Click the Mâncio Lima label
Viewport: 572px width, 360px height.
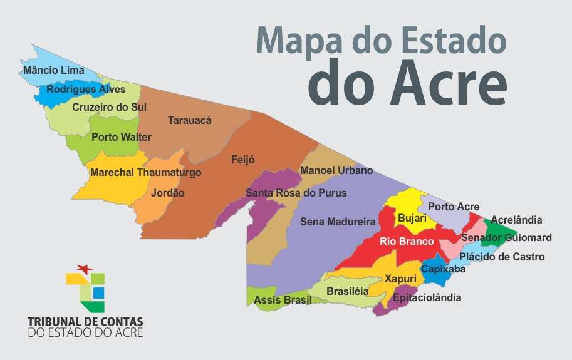click(x=53, y=71)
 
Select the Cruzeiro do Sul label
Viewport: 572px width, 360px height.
click(x=109, y=107)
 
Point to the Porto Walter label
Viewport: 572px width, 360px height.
click(x=122, y=137)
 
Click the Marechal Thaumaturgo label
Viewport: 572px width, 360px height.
click(x=145, y=172)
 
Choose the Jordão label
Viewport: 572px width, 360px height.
click(x=168, y=193)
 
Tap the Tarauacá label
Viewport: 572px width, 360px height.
click(x=190, y=120)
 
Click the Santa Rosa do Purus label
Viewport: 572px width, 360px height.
click(x=296, y=193)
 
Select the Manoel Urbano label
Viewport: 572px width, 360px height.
click(x=336, y=170)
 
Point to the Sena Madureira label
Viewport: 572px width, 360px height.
click(x=338, y=222)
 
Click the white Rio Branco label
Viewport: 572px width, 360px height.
click(x=407, y=241)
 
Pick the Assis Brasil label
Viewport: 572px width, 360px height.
click(x=283, y=301)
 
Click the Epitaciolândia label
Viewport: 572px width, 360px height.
click(x=427, y=297)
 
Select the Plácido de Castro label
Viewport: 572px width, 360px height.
click(x=502, y=257)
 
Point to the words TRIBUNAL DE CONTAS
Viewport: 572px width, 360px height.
click(x=85, y=321)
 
